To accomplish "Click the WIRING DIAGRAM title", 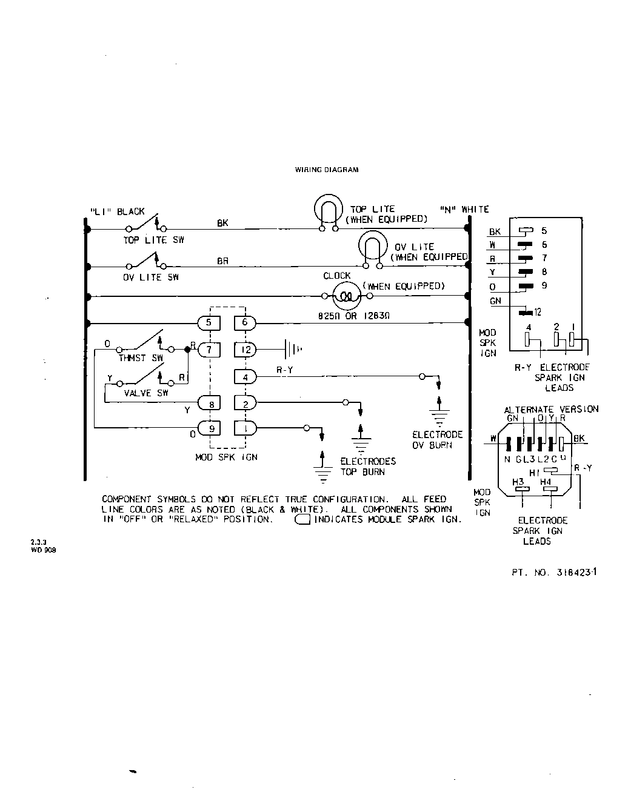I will [326, 170].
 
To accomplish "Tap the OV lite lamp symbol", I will [372, 248].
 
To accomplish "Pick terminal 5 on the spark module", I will [209, 322].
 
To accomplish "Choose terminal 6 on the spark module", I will [245, 322].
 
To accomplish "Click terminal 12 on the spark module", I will [245, 350].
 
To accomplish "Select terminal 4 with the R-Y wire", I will [245, 377].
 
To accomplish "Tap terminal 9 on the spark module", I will [210, 429].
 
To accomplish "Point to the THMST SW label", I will [141, 358].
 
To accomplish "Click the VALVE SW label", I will [146, 393].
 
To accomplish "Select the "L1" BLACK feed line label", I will [117, 211].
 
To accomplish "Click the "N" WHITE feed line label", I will [464, 209].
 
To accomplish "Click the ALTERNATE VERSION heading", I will [551, 409].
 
